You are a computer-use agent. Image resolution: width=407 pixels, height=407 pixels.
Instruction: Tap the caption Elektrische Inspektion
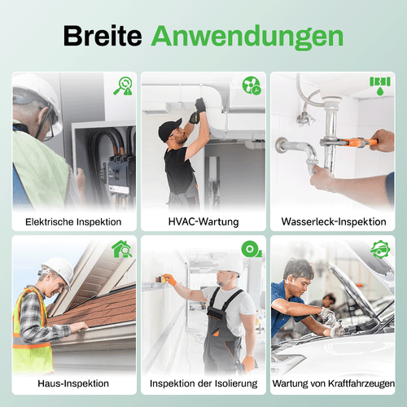tap(73, 221)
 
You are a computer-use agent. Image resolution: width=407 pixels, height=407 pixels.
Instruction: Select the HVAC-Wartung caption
tap(203, 221)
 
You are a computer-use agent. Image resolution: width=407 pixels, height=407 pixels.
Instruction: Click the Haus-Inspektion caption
tap(73, 383)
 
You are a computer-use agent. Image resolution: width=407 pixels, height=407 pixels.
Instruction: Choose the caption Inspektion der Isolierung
tap(203, 383)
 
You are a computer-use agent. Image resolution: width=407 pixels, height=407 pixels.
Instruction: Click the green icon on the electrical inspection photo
tap(124, 85)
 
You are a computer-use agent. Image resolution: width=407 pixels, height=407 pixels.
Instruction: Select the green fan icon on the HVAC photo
tap(252, 85)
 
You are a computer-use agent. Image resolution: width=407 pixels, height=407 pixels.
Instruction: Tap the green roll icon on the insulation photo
tap(252, 248)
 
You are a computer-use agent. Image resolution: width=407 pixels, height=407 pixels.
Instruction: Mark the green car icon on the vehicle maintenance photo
tap(380, 247)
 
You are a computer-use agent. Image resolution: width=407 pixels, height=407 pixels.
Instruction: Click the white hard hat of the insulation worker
tap(230, 262)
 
